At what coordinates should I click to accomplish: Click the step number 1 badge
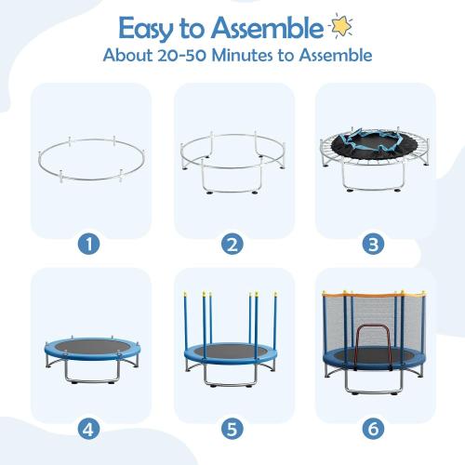pyautogui.click(x=90, y=245)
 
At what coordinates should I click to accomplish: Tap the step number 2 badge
pyautogui.click(x=232, y=245)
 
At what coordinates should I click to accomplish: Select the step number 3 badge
pyautogui.click(x=375, y=245)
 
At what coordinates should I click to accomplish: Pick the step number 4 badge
pyautogui.click(x=90, y=431)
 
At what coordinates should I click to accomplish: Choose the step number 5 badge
pyautogui.click(x=232, y=431)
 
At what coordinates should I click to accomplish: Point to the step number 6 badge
pyautogui.click(x=375, y=431)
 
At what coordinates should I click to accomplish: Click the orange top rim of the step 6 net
pyautogui.click(x=374, y=295)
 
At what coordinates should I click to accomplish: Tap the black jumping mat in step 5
pyautogui.click(x=232, y=352)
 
